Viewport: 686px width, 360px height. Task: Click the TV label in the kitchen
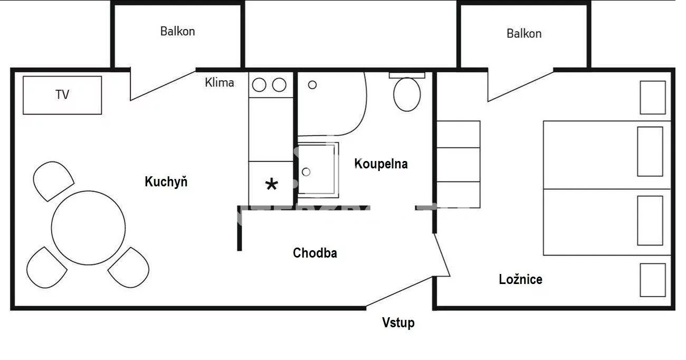tap(62, 94)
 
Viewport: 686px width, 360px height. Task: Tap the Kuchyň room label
tap(166, 182)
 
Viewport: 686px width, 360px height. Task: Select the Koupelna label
tap(381, 164)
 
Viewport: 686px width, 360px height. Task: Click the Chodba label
tap(315, 253)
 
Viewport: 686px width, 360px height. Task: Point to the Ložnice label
tap(521, 279)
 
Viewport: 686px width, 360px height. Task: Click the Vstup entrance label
tap(398, 323)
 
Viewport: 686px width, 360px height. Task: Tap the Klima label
tap(220, 83)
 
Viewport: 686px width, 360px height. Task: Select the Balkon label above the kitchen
tap(178, 31)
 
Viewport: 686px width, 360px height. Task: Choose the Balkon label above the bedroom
tap(524, 33)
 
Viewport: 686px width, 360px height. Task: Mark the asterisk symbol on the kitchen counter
tap(271, 184)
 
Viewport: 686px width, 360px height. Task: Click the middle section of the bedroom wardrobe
tap(458, 165)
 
